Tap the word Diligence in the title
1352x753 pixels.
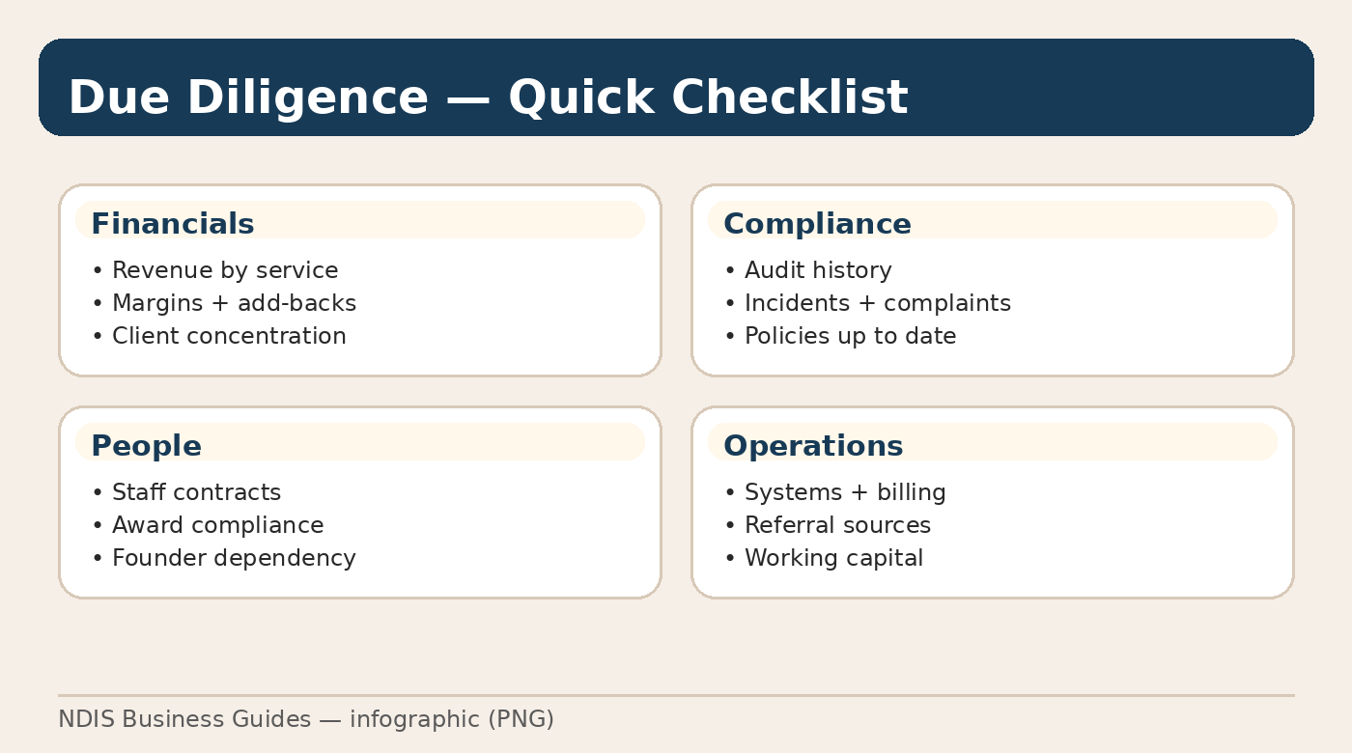tap(308, 98)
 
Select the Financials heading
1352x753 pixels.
tap(172, 224)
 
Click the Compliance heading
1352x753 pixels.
tap(817, 224)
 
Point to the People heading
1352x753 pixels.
tap(146, 446)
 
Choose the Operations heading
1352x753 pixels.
tap(813, 446)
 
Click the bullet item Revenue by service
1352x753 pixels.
tap(225, 270)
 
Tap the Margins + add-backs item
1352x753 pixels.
tap(234, 303)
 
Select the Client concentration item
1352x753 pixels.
tap(229, 336)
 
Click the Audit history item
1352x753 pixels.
tap(818, 270)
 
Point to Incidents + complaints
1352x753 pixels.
tap(877, 303)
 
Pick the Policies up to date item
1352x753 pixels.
tap(850, 336)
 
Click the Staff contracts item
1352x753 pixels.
tap(196, 492)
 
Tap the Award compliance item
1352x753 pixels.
tap(217, 525)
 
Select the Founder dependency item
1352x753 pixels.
tap(234, 558)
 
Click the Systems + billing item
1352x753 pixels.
tap(845, 492)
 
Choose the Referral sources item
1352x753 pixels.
tap(837, 525)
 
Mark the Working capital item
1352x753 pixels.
tap(833, 558)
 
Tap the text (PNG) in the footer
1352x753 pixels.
tap(521, 719)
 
